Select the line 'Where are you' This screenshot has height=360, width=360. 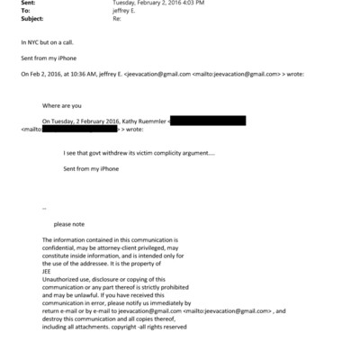pyautogui.click(x=60, y=105)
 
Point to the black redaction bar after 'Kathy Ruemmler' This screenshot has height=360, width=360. pyautogui.click(x=207, y=120)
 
